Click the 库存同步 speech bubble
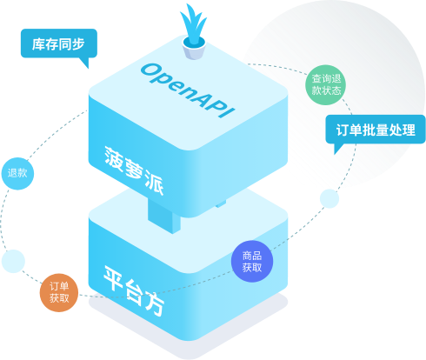tap(59, 43)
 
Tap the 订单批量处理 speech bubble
tap(376, 130)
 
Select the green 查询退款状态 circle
tap(326, 84)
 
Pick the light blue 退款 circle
tap(17, 173)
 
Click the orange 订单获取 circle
tap(59, 292)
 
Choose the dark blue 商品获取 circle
tap(252, 261)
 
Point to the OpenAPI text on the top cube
tap(188, 90)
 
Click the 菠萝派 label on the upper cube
tap(134, 170)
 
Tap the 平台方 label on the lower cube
tap(134, 290)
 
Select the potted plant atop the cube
tap(193, 32)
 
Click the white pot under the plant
tap(194, 50)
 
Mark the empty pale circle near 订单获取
tap(13, 261)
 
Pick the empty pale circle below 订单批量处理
tap(329, 198)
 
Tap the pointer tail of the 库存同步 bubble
tap(84, 63)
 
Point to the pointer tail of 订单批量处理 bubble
tap(338, 149)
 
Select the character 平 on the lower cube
tap(114, 277)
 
